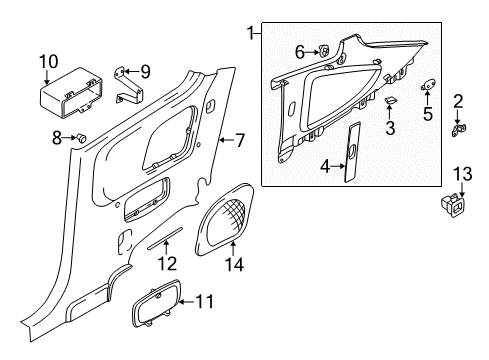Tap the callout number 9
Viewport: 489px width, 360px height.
click(146, 71)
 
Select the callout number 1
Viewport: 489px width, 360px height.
click(251, 35)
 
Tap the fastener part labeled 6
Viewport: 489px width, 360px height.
click(325, 51)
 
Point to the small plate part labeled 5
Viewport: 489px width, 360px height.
click(427, 86)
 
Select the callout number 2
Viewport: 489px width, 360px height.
click(459, 101)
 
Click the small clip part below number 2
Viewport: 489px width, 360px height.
click(461, 129)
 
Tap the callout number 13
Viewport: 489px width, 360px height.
click(460, 176)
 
